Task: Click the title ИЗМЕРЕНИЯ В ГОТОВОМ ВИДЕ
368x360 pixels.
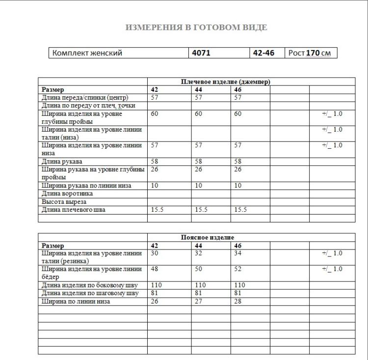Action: click(196, 28)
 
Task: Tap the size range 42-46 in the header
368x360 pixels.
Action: click(263, 53)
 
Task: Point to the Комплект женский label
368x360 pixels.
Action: click(87, 53)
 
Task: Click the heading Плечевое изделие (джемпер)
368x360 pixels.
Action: click(226, 82)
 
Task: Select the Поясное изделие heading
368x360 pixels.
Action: click(208, 237)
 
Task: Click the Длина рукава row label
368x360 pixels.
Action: click(62, 161)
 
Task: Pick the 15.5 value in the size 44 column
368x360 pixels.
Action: click(202, 210)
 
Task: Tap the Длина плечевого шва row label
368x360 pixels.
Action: click(74, 210)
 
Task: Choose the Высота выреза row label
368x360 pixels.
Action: click(64, 202)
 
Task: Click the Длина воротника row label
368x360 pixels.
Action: click(67, 194)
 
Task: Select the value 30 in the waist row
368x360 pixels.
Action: click(155, 253)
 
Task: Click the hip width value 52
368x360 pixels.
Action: click(238, 269)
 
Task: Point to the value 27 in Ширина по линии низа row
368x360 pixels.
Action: click(199, 301)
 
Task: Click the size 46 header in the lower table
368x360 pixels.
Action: click(238, 245)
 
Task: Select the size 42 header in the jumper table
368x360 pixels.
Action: click(155, 89)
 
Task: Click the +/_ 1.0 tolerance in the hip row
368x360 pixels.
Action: click(332, 269)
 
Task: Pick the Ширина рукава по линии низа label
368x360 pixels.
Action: click(86, 186)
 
